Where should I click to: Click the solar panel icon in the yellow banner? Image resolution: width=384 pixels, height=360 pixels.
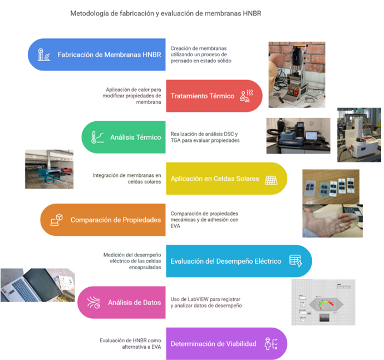click(271, 179)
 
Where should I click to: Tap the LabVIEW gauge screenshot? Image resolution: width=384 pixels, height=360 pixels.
click(323, 302)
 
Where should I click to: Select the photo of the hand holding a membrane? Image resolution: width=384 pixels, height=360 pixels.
click(332, 220)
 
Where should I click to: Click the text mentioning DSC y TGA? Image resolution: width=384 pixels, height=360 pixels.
click(205, 137)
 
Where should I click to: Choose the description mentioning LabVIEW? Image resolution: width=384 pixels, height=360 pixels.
click(206, 302)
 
